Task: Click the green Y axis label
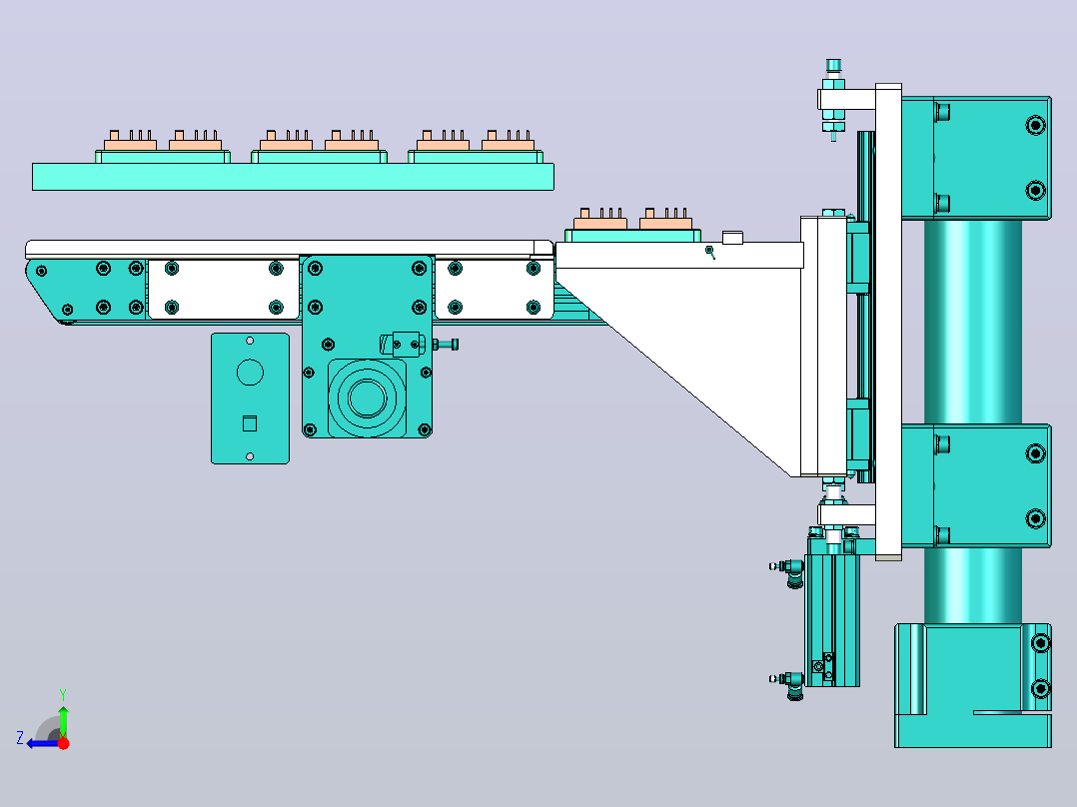[x=63, y=694]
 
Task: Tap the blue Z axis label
[x=20, y=738]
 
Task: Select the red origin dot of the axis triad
[x=63, y=743]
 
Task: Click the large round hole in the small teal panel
[x=250, y=373]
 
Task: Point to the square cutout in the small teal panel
[x=250, y=423]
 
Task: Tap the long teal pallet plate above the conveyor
[x=294, y=177]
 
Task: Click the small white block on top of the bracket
[x=733, y=238]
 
